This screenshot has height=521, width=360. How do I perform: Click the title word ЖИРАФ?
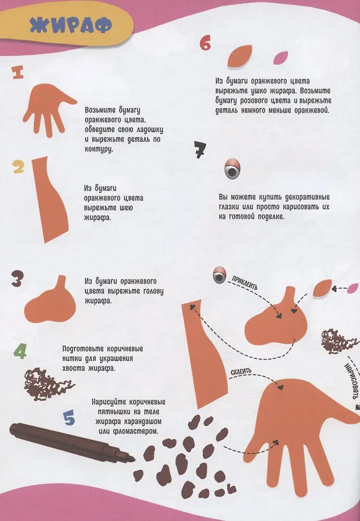click(71, 25)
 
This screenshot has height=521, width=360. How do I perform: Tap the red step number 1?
click(17, 72)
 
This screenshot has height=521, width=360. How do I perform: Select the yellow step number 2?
click(19, 167)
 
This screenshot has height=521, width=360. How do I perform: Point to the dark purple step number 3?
click(17, 279)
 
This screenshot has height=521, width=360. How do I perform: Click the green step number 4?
click(20, 351)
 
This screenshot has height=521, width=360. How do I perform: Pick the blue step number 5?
click(69, 417)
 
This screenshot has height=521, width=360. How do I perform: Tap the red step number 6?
click(205, 43)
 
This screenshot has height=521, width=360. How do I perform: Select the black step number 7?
click(200, 150)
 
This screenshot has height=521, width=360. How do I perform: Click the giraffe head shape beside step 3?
click(52, 300)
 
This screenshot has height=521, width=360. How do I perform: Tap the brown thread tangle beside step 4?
click(46, 384)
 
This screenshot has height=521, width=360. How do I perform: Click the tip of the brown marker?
click(134, 459)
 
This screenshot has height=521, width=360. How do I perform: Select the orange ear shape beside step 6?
click(240, 56)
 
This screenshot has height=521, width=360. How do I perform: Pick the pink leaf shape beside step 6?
click(280, 58)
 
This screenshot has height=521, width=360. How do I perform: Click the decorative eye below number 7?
click(232, 169)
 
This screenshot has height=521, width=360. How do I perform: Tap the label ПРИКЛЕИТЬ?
click(245, 283)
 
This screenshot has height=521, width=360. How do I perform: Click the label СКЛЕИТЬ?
click(241, 372)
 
